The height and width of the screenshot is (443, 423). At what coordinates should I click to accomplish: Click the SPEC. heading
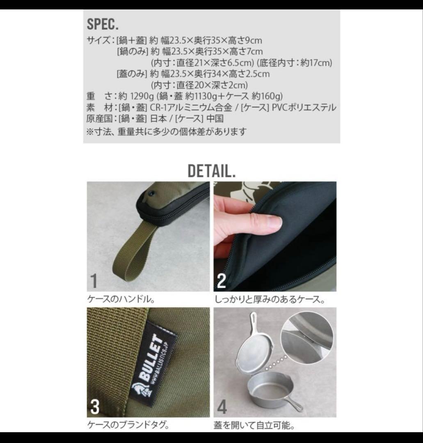coord(103,24)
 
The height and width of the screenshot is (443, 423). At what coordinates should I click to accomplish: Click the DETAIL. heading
coord(211,171)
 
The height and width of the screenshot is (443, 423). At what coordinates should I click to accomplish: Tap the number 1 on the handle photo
coord(94,281)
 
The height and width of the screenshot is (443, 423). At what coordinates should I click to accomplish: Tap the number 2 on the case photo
coord(221,281)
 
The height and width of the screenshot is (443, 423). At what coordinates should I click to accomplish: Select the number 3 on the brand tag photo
coord(94,406)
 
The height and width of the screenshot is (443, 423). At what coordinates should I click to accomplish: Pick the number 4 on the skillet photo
coord(222,406)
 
